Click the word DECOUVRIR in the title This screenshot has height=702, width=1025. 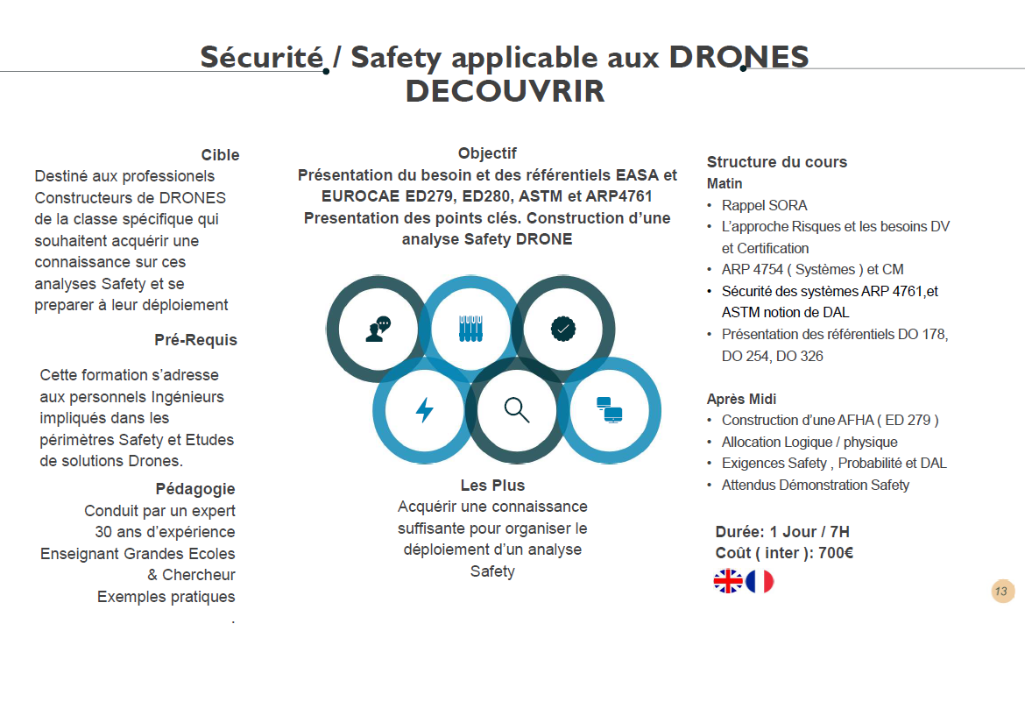click(x=505, y=91)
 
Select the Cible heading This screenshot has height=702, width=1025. click(x=220, y=155)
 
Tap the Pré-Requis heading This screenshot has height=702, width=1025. click(x=195, y=340)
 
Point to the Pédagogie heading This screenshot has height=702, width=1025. click(x=195, y=489)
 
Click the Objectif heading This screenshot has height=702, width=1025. click(x=487, y=153)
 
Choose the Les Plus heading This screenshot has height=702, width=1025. click(x=492, y=486)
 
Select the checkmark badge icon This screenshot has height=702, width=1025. click(x=562, y=329)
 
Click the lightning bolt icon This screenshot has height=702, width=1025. click(x=424, y=409)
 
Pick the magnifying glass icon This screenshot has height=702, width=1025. click(x=516, y=409)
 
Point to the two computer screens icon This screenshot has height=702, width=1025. click(x=609, y=409)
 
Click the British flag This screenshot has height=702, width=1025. click(x=728, y=581)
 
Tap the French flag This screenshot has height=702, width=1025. click(x=760, y=581)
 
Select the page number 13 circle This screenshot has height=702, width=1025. click(x=1002, y=591)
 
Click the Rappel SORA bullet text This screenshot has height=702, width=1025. click(x=764, y=206)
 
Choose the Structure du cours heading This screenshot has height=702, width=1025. click(x=776, y=162)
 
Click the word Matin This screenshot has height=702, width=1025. click(x=725, y=184)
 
